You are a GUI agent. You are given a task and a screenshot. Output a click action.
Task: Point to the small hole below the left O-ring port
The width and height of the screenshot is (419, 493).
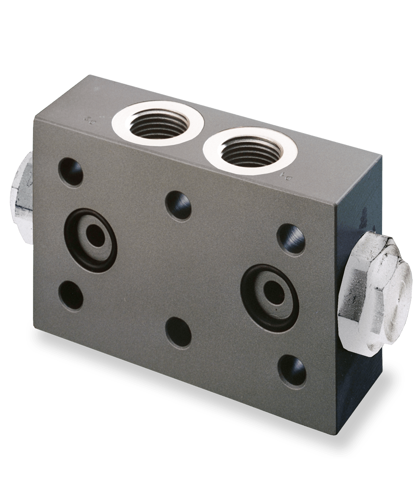pyautogui.click(x=70, y=295)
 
